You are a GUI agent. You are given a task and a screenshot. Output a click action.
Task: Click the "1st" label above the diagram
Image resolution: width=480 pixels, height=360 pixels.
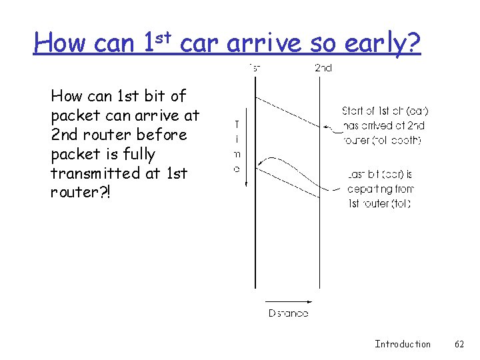coord(255,67)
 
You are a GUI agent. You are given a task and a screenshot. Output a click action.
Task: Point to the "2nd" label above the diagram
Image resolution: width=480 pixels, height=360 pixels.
coord(323,67)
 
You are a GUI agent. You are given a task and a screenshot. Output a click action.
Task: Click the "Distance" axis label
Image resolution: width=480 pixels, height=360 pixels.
coord(288,313)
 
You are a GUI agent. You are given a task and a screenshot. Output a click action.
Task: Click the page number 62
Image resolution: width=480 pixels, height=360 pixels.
coord(459,344)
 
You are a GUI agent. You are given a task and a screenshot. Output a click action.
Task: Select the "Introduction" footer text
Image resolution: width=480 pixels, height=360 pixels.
coord(403,344)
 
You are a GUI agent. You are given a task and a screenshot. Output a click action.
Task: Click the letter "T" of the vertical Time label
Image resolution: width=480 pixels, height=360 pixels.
coord(237,124)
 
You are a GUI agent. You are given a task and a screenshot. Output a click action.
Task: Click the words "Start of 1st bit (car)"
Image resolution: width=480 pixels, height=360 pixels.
coord(385,111)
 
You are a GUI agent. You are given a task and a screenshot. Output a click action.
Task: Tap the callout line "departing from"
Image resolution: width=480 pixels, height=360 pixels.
coord(381,189)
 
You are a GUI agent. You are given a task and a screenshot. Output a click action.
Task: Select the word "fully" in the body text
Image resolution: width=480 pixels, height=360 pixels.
coord(140,154)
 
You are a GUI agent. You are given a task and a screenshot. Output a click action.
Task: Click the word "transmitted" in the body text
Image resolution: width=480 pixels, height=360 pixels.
coord(91,173)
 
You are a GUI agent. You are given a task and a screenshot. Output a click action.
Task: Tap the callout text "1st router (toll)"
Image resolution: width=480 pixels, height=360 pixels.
coord(379,204)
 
